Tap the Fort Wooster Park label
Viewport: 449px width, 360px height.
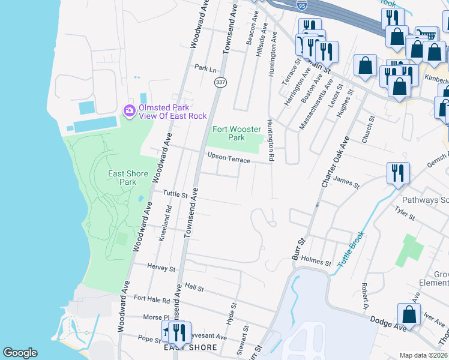click(229, 133)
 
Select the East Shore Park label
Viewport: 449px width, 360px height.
click(127, 178)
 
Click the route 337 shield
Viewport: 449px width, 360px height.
click(221, 83)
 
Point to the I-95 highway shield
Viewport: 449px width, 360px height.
click(301, 5)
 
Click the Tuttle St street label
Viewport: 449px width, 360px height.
click(175, 195)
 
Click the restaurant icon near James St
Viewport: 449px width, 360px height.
click(398, 174)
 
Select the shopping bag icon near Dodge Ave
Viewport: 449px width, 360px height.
click(409, 315)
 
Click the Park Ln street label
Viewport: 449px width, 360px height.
click(205, 68)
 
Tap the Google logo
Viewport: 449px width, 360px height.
click(20, 353)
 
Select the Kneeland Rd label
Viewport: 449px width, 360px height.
click(165, 223)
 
